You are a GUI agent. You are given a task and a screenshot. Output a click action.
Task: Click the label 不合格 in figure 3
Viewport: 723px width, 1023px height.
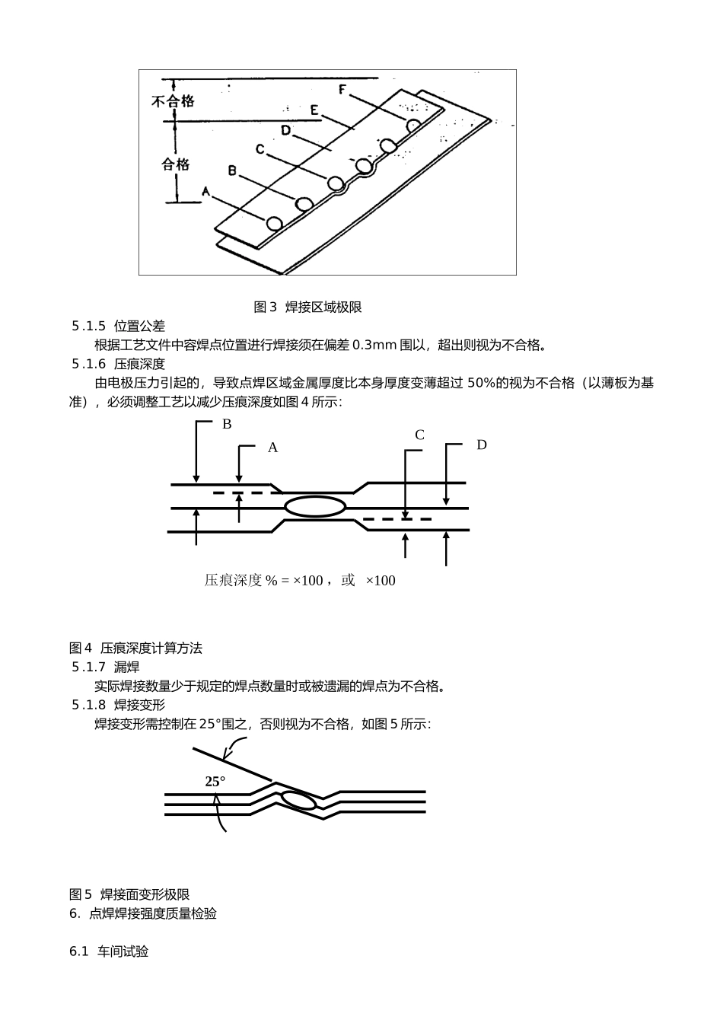point(173,100)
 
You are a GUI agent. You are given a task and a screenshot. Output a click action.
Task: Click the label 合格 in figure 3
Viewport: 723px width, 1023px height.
point(175,164)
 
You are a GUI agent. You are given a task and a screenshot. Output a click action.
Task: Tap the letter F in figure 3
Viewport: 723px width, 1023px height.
point(343,90)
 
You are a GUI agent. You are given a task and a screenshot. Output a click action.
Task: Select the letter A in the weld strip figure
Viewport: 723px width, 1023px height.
point(205,193)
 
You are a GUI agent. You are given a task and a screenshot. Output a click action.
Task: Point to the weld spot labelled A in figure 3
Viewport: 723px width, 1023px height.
point(274,223)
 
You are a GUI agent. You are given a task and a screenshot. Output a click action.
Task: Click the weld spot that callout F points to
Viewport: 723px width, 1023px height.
point(413,125)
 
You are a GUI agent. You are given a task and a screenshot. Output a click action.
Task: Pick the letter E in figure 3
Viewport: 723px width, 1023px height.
point(314,110)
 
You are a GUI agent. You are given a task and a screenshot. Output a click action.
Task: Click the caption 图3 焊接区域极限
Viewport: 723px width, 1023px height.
point(307,307)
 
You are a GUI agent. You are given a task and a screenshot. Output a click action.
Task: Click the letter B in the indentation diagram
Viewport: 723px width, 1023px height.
point(227,424)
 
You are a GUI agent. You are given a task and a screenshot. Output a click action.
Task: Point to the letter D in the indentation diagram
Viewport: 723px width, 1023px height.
point(482,445)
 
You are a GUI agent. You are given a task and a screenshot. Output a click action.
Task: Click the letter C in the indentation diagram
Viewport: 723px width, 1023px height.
point(419,435)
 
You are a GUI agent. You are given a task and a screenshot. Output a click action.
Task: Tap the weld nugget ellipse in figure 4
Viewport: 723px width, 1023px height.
point(315,506)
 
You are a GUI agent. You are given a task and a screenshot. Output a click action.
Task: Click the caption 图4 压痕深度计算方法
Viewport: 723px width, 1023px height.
point(135,649)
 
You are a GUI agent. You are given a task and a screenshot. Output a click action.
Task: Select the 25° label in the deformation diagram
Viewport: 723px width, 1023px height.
point(215,782)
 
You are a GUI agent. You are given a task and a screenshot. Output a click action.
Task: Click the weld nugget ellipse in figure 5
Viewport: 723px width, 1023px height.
point(298,800)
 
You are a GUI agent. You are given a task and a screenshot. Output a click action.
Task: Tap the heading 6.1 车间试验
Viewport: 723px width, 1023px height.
point(109,951)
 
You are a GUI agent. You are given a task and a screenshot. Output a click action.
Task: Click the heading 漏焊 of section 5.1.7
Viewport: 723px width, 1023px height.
point(127,668)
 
